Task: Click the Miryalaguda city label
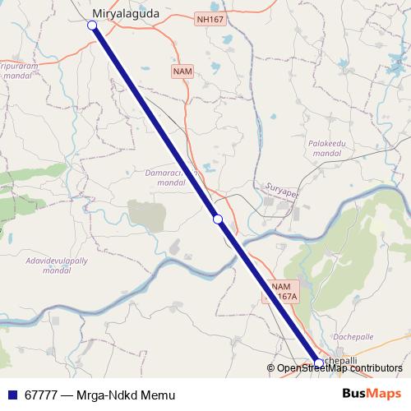click(126, 13)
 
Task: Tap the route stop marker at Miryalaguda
click(93, 26)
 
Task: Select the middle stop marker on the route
click(218, 219)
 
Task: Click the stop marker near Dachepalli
click(319, 362)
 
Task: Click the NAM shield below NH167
click(182, 72)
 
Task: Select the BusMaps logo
click(372, 394)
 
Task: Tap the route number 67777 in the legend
click(39, 395)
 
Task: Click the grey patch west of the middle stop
click(146, 215)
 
